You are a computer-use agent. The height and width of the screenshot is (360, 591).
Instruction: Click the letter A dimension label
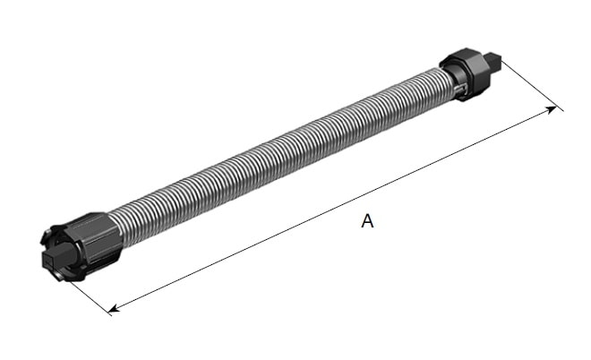[367, 221]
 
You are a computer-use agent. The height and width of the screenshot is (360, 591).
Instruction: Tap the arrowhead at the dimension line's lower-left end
[114, 308]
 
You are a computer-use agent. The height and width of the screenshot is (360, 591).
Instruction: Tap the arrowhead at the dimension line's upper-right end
[551, 109]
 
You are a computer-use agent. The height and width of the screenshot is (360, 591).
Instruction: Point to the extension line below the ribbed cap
[90, 298]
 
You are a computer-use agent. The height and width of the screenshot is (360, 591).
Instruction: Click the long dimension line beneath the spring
[332, 210]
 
